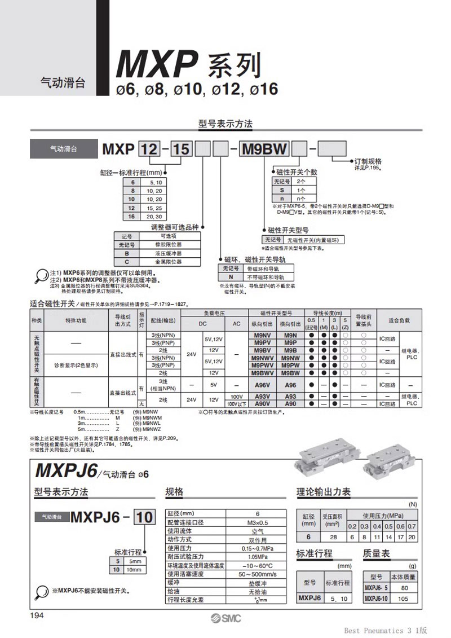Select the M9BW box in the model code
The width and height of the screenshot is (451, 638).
click(264, 150)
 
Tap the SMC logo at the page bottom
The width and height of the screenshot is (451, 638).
click(225, 618)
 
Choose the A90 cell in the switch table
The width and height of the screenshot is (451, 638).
click(290, 404)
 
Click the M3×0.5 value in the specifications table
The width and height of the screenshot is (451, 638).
click(257, 522)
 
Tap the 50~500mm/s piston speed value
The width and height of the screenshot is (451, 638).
click(257, 574)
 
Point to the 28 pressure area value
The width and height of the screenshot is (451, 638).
click(333, 537)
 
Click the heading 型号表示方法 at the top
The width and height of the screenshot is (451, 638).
click(225, 124)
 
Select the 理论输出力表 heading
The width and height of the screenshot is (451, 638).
click(324, 492)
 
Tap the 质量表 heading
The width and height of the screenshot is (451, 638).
click(377, 554)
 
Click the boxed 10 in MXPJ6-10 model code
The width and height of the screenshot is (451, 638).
click(145, 517)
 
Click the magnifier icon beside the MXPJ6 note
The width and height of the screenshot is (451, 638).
click(41, 591)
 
